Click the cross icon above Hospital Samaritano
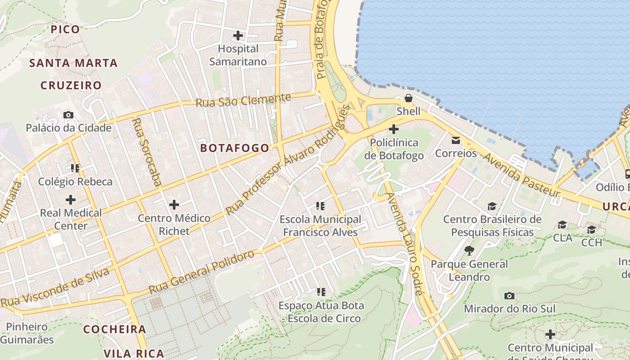(238, 35)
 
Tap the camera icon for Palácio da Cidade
(68, 115)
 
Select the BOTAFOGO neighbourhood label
(234, 148)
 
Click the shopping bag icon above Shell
(409, 98)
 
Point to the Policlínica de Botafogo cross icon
(394, 130)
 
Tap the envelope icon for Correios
(456, 140)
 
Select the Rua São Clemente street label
(243, 100)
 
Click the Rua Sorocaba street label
(147, 152)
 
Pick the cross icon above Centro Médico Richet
(174, 205)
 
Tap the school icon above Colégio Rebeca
(75, 168)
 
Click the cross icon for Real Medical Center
(71, 199)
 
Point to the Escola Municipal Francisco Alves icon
(320, 206)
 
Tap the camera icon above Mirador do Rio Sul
(509, 296)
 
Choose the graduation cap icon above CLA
(562, 225)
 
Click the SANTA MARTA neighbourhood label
(73, 63)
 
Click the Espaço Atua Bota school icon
(321, 292)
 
